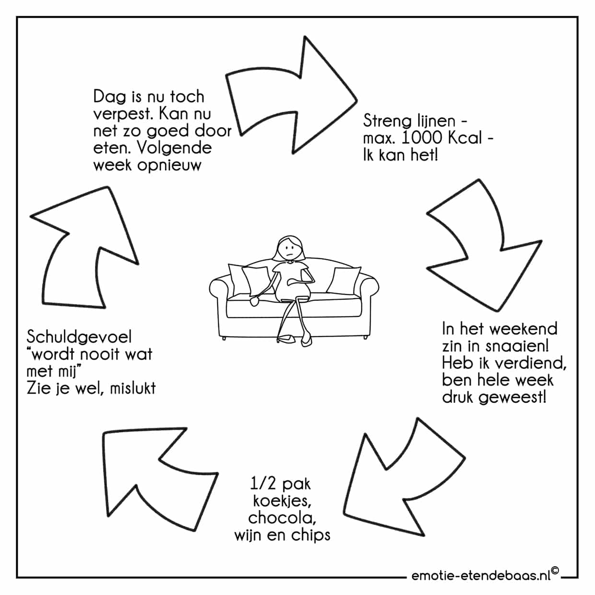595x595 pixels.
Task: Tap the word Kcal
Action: [x=465, y=138]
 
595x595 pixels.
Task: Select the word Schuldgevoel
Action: [x=79, y=337]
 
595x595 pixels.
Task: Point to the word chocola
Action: [x=282, y=518]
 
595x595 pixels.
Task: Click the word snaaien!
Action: [x=517, y=346]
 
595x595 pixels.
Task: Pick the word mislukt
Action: [x=133, y=388]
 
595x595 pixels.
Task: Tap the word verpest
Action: [x=123, y=115]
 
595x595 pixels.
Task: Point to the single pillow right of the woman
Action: [x=343, y=280]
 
